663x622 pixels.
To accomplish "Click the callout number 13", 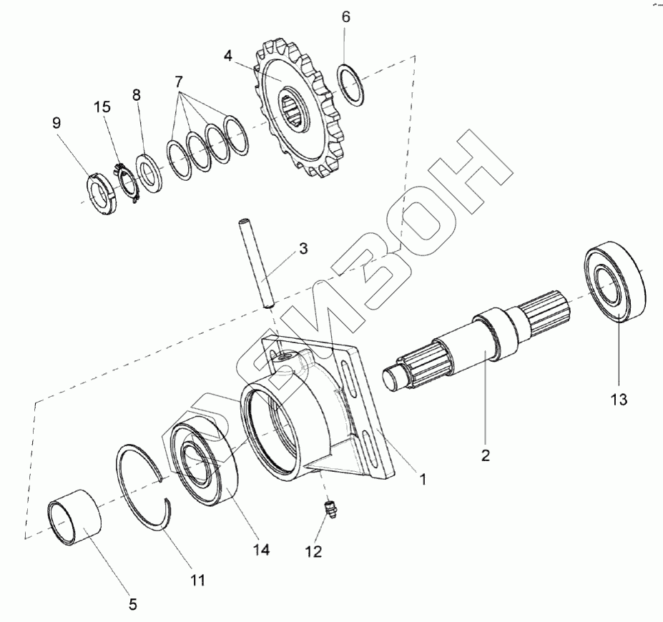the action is (x=619, y=399).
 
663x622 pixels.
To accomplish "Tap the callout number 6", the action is (x=345, y=17).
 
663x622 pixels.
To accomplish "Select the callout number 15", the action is (x=102, y=107).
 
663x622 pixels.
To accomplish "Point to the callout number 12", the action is (x=314, y=551).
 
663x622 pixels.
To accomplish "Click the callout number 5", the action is (x=133, y=604).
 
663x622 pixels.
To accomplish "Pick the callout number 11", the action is (x=197, y=580).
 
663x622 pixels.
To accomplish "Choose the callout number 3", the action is (x=303, y=248).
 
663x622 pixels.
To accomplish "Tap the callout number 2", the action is (x=486, y=455).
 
